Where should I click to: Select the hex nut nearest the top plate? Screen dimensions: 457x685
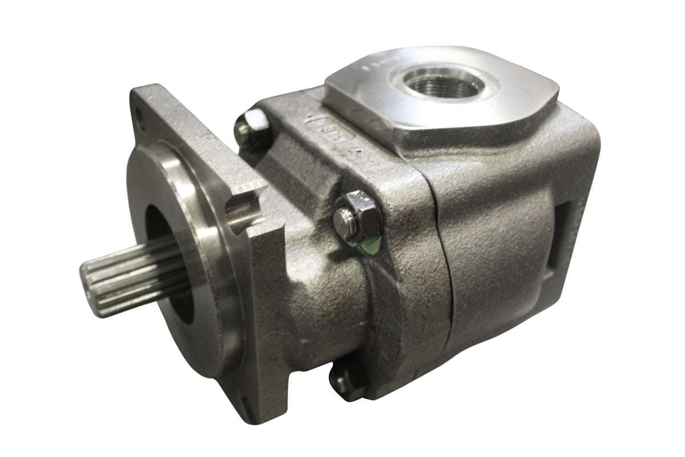252,122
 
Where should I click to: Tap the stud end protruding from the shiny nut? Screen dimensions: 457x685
344,219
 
